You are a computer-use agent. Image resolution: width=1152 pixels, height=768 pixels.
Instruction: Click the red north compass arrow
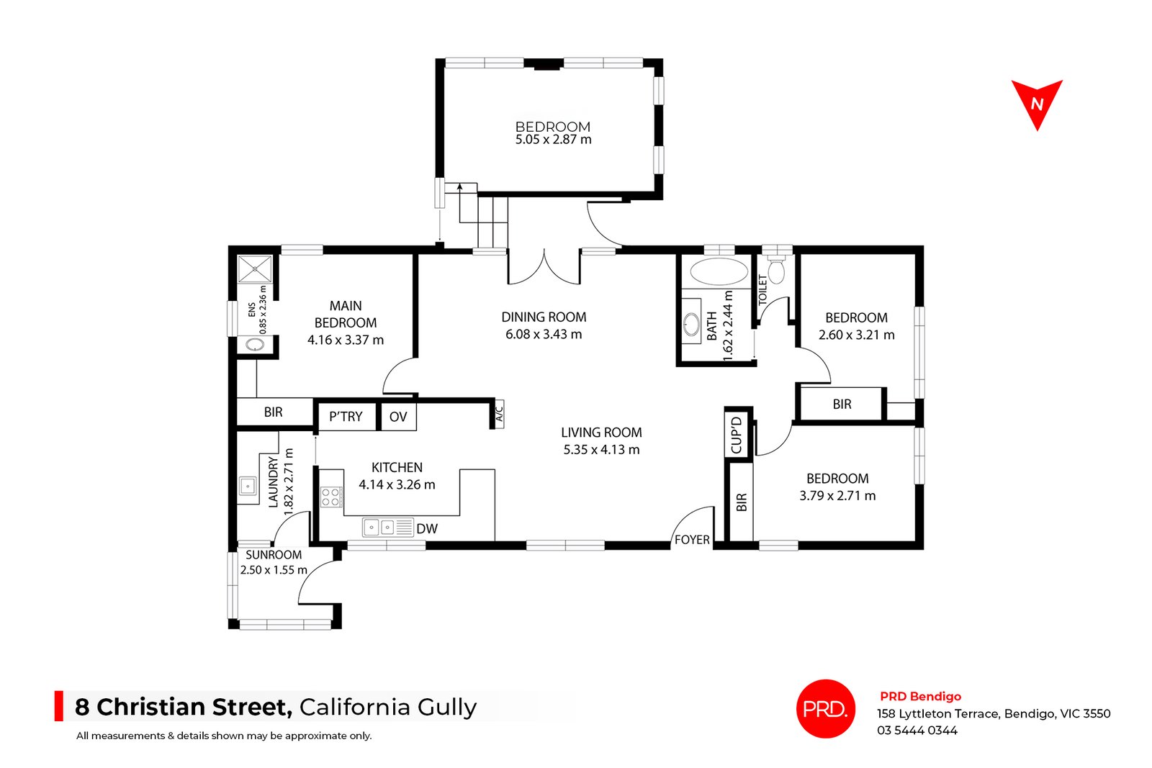point(1037,103)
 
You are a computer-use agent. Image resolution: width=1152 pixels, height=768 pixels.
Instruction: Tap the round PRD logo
point(826,709)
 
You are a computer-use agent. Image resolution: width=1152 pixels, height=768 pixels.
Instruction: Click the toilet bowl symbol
point(776,271)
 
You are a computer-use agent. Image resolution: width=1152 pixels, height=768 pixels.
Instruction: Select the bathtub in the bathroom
point(719,273)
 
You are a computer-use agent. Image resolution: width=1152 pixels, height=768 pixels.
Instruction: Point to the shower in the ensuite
point(256,269)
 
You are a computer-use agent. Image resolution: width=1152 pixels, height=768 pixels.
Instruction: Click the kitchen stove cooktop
point(331,497)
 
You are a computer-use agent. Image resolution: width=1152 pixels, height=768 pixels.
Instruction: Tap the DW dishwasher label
point(427,529)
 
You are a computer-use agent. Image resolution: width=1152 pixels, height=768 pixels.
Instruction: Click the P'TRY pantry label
point(346,417)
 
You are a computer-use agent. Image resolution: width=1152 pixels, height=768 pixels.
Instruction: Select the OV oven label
point(398,417)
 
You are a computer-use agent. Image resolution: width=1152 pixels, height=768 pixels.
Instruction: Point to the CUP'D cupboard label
point(737,435)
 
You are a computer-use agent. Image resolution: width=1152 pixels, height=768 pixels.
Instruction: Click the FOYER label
point(692,540)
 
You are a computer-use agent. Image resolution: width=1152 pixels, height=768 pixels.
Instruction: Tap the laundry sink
point(248,487)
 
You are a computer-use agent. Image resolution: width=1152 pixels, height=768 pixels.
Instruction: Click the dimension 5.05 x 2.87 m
point(553,140)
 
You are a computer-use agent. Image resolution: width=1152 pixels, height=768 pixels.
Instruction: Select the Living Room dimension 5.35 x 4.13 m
point(601,450)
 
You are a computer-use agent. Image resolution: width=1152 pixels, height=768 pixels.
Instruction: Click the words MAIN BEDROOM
point(346,315)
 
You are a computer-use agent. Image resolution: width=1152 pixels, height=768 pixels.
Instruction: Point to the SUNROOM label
point(274,555)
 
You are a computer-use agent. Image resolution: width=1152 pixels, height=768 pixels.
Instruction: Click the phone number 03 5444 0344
point(917,731)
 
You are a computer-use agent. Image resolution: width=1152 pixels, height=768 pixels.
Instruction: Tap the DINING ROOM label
point(544,317)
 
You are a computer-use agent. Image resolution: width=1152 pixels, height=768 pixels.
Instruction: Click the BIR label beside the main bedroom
point(274,412)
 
